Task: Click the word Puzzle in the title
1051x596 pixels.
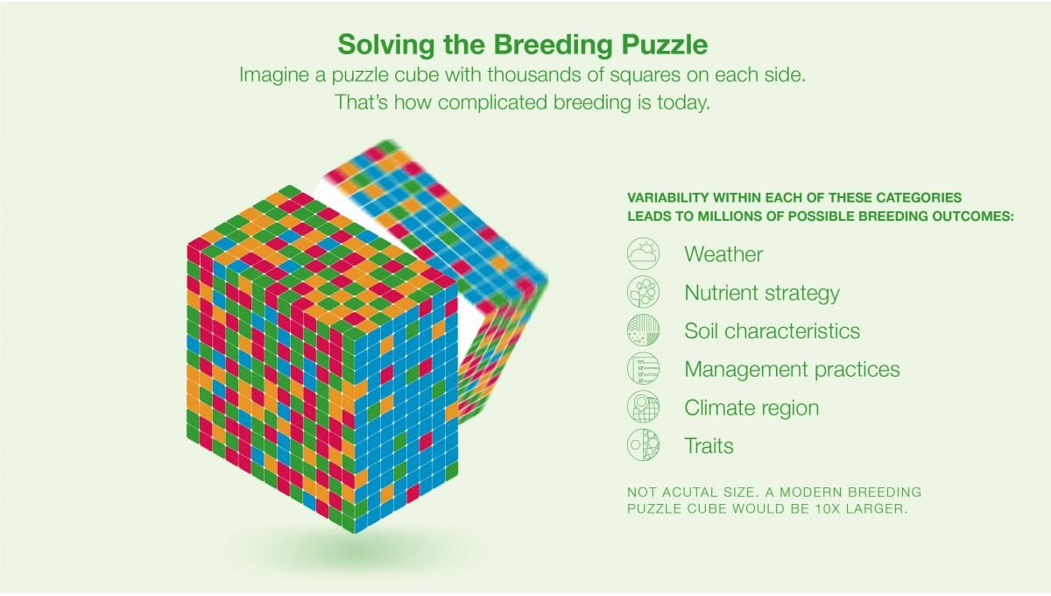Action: [665, 46]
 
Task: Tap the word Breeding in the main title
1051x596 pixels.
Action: [554, 46]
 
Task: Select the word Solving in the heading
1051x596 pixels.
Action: [386, 46]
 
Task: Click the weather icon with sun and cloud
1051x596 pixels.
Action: [643, 253]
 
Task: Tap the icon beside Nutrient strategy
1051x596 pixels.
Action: [643, 292]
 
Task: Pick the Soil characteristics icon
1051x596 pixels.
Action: [643, 330]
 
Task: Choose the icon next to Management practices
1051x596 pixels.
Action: [643, 369]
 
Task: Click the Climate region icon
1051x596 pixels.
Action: [643, 408]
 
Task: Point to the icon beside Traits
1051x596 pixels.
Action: [643, 445]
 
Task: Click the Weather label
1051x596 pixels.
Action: [723, 254]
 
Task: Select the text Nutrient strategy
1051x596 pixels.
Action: [762, 293]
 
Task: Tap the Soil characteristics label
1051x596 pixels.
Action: [772, 330]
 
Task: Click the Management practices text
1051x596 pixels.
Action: [792, 370]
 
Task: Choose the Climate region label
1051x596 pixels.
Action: [751, 408]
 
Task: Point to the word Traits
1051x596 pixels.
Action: [709, 446]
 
